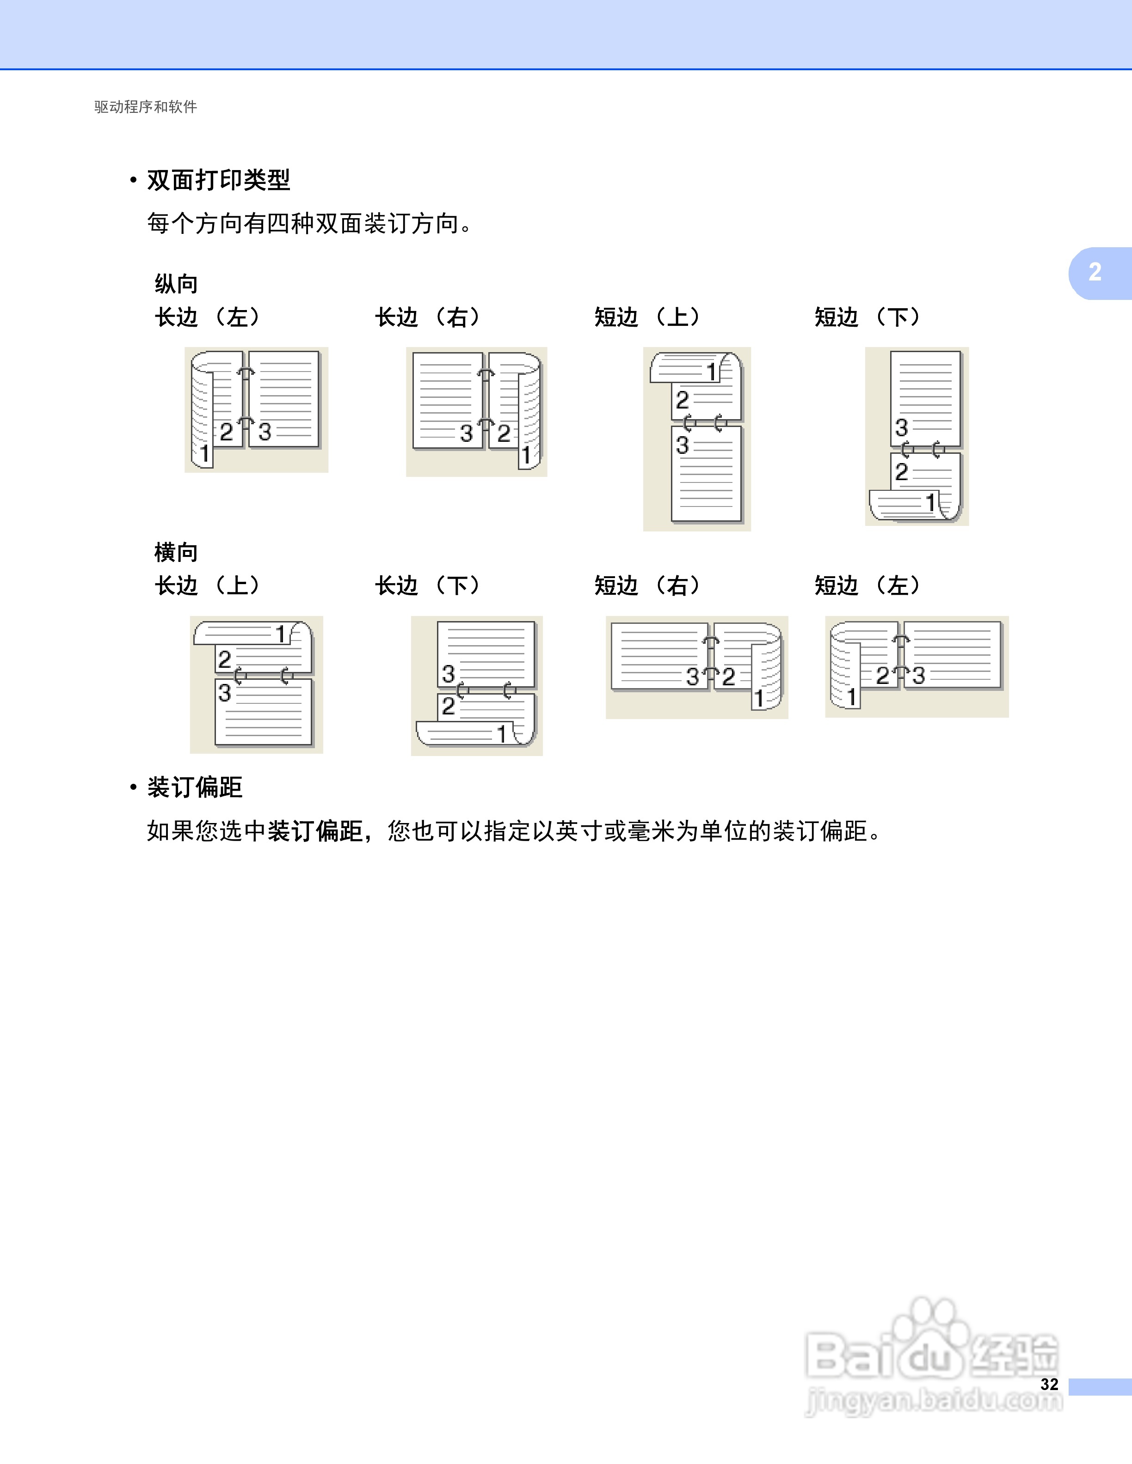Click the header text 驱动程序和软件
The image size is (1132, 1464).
click(x=146, y=107)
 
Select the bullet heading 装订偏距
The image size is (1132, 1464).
click(x=195, y=787)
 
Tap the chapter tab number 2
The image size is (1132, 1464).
click(x=1095, y=272)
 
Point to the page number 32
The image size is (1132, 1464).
click(x=1050, y=1384)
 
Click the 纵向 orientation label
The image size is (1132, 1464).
click(x=176, y=284)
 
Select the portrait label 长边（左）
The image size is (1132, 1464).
click(x=208, y=317)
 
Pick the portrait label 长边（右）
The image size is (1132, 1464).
click(x=428, y=317)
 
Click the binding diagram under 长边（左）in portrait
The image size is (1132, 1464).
click(x=256, y=409)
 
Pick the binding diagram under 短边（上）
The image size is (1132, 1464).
click(x=697, y=439)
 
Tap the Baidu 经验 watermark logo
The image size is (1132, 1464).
click(x=932, y=1357)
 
